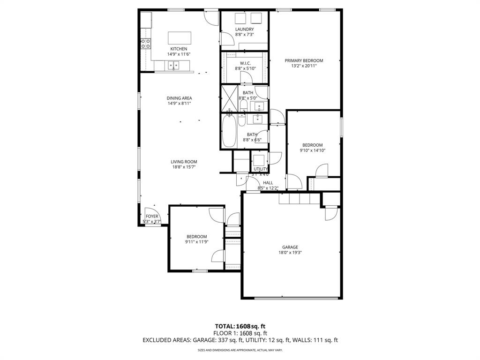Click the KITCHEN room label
179,49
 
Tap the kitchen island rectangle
180,37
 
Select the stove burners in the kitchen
146,44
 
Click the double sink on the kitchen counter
174,66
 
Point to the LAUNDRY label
244,29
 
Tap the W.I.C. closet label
245,63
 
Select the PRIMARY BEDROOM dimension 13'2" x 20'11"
304,66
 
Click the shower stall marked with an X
230,97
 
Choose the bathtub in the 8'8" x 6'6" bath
229,131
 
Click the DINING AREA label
179,98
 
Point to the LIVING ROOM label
184,162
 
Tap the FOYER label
152,216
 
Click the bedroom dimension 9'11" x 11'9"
196,242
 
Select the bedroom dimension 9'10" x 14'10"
312,150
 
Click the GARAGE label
290,247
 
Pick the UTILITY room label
261,169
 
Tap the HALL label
268,183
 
